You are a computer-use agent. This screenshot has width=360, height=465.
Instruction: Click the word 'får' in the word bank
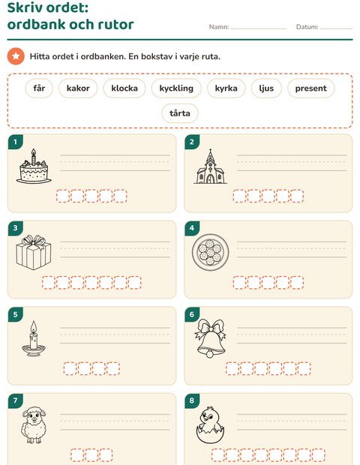point(39,88)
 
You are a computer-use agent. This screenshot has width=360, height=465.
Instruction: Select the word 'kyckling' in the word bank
point(176,88)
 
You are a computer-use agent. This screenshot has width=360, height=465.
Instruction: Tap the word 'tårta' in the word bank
point(180,113)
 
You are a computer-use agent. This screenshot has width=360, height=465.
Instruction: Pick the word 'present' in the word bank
point(310,88)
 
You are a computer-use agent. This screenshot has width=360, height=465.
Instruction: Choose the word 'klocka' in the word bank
point(124,88)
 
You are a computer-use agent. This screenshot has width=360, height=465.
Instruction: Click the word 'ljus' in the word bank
point(266,88)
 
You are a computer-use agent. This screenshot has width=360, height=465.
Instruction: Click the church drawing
point(210,166)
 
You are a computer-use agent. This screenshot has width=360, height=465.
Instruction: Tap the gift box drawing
point(34,252)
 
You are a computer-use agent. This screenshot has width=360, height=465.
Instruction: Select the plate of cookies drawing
point(210,252)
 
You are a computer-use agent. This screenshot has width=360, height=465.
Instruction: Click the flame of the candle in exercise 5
point(34,327)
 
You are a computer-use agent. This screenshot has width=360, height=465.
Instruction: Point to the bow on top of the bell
point(210,327)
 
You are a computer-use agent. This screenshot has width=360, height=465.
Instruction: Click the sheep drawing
point(34,425)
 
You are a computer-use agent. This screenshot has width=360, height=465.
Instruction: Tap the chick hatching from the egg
point(210,425)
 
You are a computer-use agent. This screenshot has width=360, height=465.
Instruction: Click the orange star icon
point(16,56)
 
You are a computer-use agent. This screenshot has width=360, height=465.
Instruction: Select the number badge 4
point(192,228)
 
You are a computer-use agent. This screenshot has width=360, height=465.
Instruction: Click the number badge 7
point(16,400)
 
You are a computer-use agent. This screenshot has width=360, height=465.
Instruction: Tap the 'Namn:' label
point(219,27)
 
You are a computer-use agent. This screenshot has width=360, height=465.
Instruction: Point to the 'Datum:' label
point(307,27)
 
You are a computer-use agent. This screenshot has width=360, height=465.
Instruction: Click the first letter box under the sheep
point(77,455)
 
